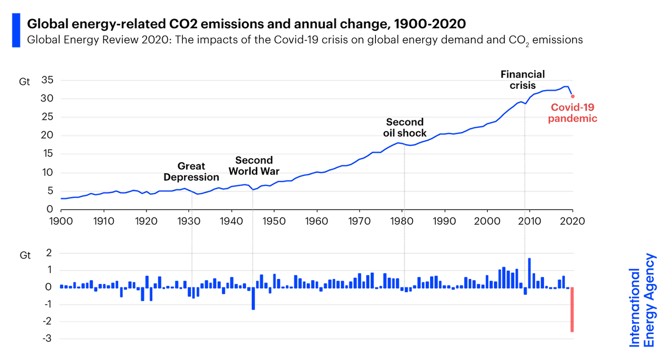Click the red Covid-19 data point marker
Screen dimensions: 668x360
pyautogui.click(x=573, y=96)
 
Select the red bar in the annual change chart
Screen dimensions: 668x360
pyautogui.click(x=572, y=309)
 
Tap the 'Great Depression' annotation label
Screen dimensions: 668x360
pyautogui.click(x=191, y=171)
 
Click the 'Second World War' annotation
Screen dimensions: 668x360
pyautogui.click(x=254, y=166)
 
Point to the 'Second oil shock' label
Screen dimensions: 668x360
pyautogui.click(x=405, y=127)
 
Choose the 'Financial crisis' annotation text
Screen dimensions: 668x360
pyautogui.click(x=523, y=79)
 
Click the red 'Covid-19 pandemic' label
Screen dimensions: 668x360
pyautogui.click(x=573, y=113)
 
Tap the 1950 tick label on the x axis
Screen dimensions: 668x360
pyautogui.click(x=274, y=221)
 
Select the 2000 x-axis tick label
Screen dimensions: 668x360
pyautogui.click(x=487, y=221)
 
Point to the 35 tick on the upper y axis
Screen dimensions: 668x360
pyautogui.click(x=47, y=80)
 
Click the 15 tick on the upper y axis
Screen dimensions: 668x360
pyautogui.click(x=47, y=153)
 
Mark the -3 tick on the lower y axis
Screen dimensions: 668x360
pyautogui.click(x=47, y=338)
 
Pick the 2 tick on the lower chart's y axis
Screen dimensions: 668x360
pyautogui.click(x=49, y=253)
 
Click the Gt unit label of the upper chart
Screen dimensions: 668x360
pyautogui.click(x=24, y=82)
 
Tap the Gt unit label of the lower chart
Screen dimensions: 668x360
pyautogui.click(x=25, y=255)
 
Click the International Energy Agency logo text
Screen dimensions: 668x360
pyautogui.click(x=642, y=300)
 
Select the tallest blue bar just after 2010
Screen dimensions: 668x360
pyautogui.click(x=529, y=272)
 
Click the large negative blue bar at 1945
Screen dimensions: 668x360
pyautogui.click(x=253, y=298)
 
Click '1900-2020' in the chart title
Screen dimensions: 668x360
pyautogui.click(x=430, y=24)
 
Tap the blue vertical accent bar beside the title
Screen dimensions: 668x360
pyautogui.click(x=16, y=30)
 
